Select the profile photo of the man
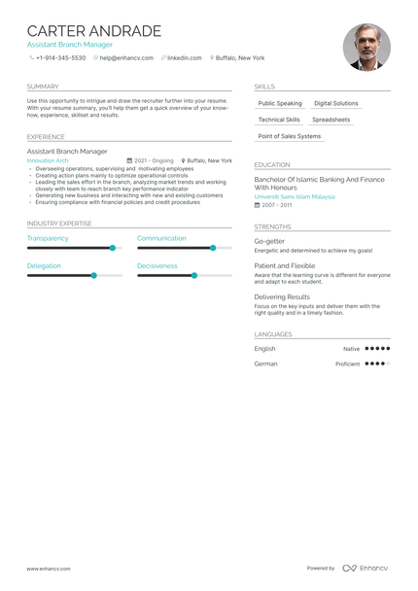point(366,48)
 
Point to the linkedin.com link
point(184,58)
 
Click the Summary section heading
point(43,87)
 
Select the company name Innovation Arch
point(48,160)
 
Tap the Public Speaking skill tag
point(280,103)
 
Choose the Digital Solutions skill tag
point(335,103)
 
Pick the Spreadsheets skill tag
point(331,120)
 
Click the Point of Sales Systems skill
point(289,136)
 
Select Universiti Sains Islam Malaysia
point(294,196)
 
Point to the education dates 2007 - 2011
point(276,205)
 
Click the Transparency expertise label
point(48,238)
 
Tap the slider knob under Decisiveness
point(194,275)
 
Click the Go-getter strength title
point(269,241)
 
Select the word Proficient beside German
point(347,364)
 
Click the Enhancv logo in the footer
point(365,569)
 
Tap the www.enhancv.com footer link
point(47,569)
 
